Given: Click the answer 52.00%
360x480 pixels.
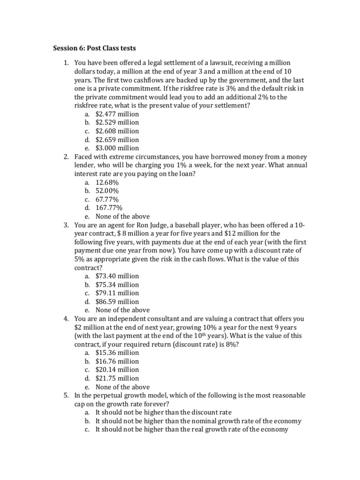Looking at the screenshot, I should [x=107, y=191].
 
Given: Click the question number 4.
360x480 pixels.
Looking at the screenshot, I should [x=66, y=319].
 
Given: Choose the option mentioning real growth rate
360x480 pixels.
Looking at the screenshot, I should [x=191, y=429].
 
